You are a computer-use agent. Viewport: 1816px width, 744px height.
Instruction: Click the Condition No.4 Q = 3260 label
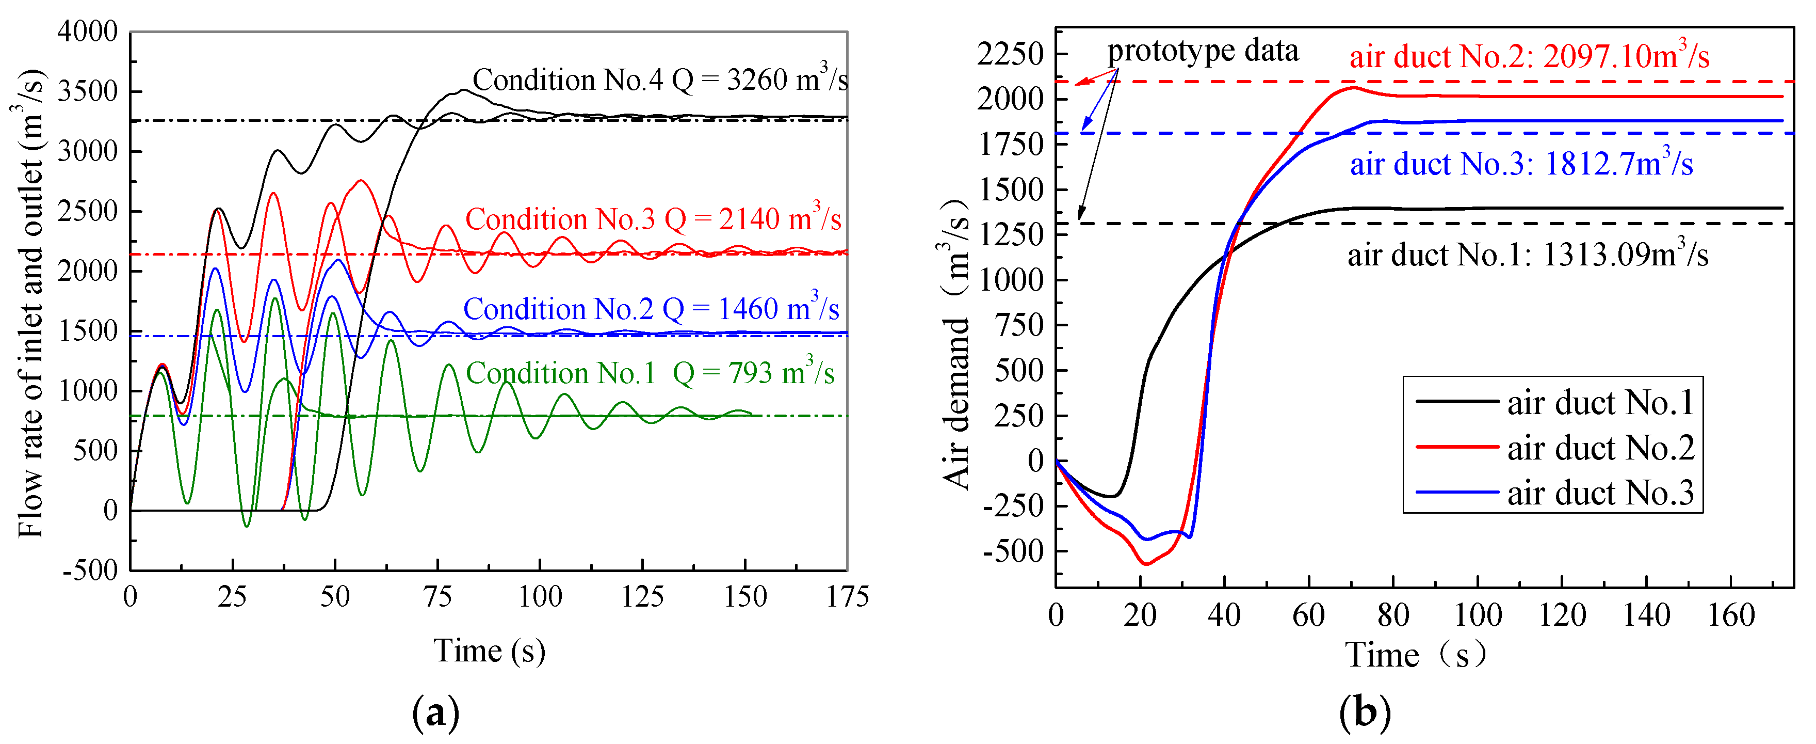[659, 81]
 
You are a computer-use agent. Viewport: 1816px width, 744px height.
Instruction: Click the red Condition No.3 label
[653, 219]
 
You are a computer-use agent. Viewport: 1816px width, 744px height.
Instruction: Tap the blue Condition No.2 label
[650, 309]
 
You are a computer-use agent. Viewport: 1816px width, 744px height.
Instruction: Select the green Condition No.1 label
[650, 373]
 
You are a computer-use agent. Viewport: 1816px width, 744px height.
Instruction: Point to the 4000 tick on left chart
[87, 31]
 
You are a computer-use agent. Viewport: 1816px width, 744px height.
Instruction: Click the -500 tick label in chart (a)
[90, 570]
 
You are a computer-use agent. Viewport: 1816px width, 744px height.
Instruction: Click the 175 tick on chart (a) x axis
[847, 597]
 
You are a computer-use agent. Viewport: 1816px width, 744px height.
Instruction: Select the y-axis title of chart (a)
[29, 303]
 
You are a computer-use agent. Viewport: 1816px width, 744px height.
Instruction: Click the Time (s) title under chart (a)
[489, 650]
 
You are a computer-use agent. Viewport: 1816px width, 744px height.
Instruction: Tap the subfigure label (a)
[435, 713]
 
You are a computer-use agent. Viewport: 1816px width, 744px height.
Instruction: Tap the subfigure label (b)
[1365, 713]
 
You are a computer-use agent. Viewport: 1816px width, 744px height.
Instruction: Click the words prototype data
[1202, 51]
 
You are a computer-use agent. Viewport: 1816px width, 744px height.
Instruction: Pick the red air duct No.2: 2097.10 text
[1528, 56]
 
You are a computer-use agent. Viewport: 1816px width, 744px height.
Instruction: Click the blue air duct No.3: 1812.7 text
[1520, 164]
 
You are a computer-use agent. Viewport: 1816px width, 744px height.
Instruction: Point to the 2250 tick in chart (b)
[1010, 54]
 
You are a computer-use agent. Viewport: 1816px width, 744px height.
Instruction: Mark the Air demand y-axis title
[956, 345]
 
